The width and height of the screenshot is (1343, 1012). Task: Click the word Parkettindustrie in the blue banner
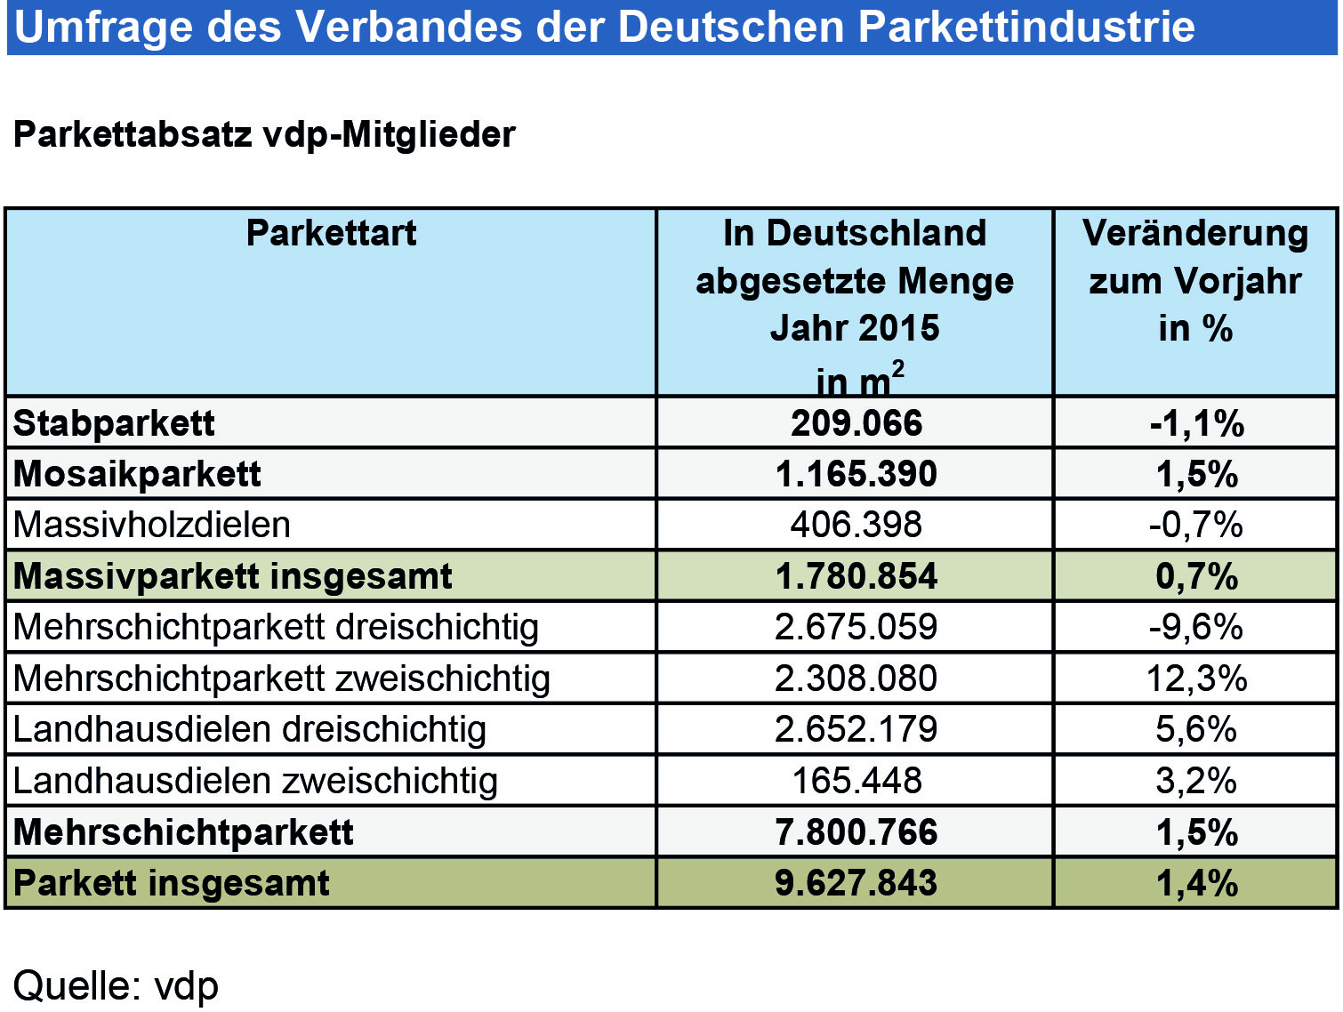pyautogui.click(x=1026, y=27)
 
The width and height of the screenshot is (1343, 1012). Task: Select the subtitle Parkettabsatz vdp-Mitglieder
pyautogui.click(x=264, y=135)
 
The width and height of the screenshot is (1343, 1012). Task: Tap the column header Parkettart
pyautogui.click(x=331, y=233)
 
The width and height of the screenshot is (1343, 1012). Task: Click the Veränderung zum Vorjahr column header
pyautogui.click(x=1195, y=280)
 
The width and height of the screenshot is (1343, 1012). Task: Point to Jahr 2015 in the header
pyautogui.click(x=854, y=328)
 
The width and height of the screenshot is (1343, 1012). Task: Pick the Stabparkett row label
pyautogui.click(x=114, y=423)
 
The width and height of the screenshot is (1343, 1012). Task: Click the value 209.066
pyautogui.click(x=856, y=423)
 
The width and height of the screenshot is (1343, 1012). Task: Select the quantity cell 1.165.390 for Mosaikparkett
pyautogui.click(x=856, y=474)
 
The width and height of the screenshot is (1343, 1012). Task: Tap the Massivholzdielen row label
pyautogui.click(x=152, y=525)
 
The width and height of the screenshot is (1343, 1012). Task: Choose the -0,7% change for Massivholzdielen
pyautogui.click(x=1195, y=526)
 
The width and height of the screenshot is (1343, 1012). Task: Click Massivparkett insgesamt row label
pyautogui.click(x=232, y=576)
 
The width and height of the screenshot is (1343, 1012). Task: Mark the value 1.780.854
pyautogui.click(x=856, y=576)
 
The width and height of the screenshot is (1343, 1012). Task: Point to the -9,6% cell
pyautogui.click(x=1195, y=627)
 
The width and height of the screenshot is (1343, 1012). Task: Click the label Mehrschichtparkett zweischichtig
pyautogui.click(x=281, y=679)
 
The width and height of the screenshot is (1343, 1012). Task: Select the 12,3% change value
pyautogui.click(x=1196, y=679)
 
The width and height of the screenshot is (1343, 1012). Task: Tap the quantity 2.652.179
pyautogui.click(x=856, y=729)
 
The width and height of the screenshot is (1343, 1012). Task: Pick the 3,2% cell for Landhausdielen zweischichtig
pyautogui.click(x=1196, y=781)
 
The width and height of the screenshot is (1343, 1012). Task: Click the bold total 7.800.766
pyautogui.click(x=856, y=832)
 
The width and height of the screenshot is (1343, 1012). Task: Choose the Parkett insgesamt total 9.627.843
pyautogui.click(x=856, y=883)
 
